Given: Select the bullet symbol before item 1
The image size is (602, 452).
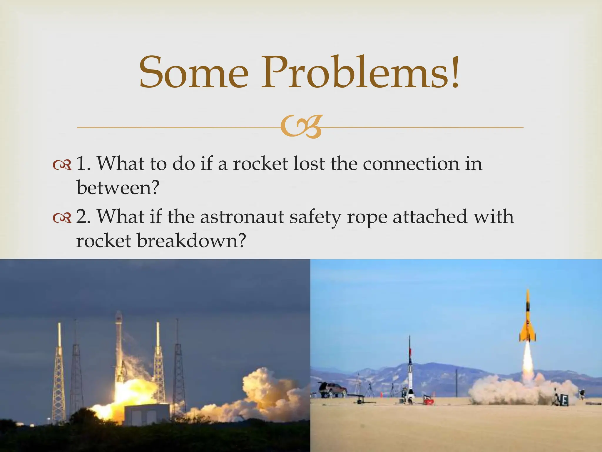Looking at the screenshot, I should pos(62,165).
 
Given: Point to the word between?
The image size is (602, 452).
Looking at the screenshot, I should pos(118,187).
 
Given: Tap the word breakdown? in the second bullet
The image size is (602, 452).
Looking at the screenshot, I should pos(191,241).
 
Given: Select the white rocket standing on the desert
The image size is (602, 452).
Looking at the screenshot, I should pos(410,371).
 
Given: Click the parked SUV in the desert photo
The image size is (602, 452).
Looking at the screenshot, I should pos(332,389).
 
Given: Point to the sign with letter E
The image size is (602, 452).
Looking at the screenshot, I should pos(563,401).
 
